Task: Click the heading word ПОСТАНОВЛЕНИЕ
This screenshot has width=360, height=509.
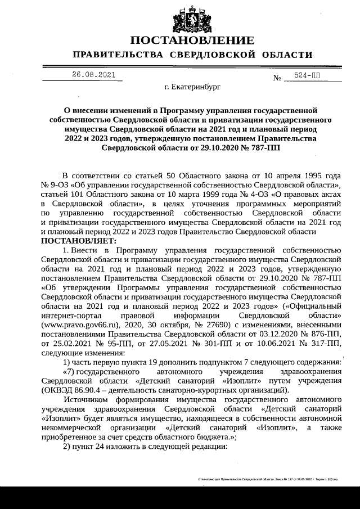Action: (192, 40)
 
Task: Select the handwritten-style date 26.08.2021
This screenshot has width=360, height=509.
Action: (93, 75)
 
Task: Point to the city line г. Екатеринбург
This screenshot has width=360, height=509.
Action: (192, 88)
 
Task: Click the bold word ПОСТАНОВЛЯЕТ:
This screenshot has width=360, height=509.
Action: (78, 241)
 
